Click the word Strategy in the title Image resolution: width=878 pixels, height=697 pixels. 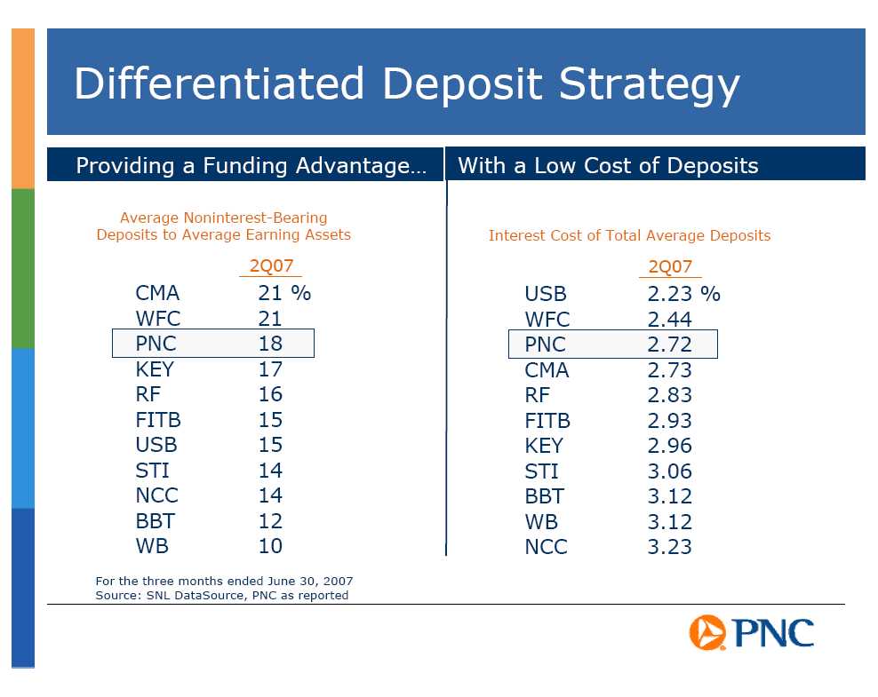(x=650, y=85)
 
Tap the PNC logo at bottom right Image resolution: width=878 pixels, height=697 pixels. (x=752, y=633)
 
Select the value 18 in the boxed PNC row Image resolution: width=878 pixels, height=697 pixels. (x=270, y=344)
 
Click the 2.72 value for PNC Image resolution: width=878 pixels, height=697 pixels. (x=670, y=345)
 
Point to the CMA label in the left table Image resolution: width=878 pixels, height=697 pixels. (x=157, y=293)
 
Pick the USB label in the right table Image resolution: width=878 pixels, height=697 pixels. (x=546, y=294)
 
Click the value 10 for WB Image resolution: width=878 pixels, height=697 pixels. (x=270, y=546)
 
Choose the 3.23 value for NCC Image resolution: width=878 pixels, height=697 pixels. (x=670, y=547)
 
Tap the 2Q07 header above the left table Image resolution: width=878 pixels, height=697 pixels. (x=271, y=265)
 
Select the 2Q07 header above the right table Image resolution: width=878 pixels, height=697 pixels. (x=670, y=266)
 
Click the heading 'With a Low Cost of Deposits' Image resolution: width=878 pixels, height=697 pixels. (x=608, y=165)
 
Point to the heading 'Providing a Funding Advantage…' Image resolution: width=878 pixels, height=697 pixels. (x=251, y=165)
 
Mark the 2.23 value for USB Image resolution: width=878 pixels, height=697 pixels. (x=670, y=294)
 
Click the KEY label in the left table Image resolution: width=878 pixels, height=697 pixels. (x=155, y=369)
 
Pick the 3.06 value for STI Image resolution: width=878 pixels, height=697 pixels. (x=670, y=471)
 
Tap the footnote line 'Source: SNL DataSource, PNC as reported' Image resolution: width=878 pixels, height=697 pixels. (x=222, y=595)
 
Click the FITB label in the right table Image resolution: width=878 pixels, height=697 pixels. (x=547, y=421)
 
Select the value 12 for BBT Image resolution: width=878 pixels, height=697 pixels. (x=270, y=521)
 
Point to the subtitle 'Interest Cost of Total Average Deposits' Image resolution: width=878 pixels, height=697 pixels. (x=629, y=235)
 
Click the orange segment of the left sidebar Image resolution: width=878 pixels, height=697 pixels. (x=23, y=108)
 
